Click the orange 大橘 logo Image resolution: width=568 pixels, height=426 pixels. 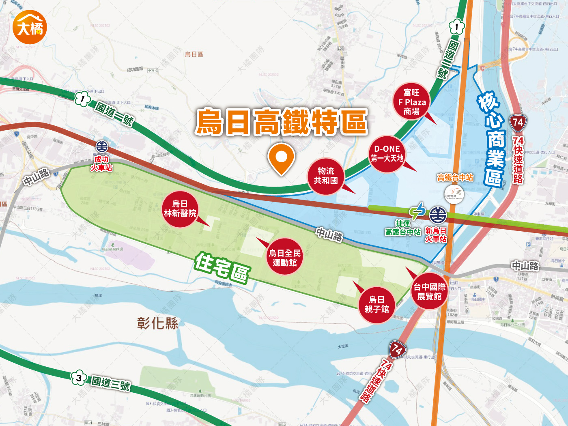[x=30, y=27]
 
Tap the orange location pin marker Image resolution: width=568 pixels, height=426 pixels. [x=281, y=158]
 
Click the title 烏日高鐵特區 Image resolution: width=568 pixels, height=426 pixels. [x=281, y=122]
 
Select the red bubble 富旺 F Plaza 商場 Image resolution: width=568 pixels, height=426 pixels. [x=411, y=102]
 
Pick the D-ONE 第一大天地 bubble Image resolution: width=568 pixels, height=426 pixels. [x=387, y=154]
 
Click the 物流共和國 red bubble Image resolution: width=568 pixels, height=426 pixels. [x=326, y=176]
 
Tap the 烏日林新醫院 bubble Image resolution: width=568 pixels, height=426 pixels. [x=180, y=209]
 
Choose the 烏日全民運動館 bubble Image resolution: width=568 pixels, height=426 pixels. [x=284, y=258]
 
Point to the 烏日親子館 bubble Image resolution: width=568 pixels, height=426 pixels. [x=377, y=305]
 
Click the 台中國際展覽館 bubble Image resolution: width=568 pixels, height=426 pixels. [x=429, y=292]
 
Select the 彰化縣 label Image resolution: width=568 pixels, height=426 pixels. [x=157, y=323]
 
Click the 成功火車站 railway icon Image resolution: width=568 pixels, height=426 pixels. [x=102, y=146]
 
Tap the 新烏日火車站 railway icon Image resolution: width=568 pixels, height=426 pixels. [x=438, y=215]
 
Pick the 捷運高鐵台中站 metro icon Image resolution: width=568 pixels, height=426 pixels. [x=417, y=211]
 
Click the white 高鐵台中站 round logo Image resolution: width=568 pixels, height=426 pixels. [x=454, y=194]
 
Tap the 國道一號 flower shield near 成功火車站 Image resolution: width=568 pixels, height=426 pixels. [x=83, y=99]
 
